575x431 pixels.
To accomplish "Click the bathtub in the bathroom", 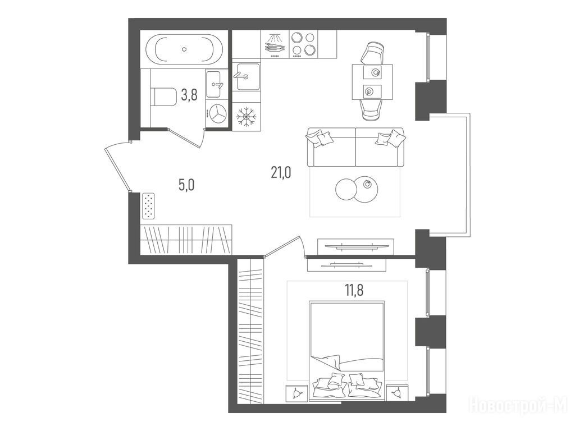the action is pos(184,49).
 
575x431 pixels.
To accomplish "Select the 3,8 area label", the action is pos(189,95).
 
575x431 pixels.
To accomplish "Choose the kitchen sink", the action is pos(247,76).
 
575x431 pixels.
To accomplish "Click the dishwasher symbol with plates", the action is pos(274,44).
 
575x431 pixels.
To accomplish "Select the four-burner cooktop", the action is pos(303,44).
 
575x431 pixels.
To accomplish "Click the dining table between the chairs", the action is pos(372,82).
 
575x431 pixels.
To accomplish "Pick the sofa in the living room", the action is pos(355,147).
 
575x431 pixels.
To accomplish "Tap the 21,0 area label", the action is pos(281,172).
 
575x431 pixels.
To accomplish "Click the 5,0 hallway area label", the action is pos(186,185).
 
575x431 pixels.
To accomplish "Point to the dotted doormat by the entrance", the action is pos(148,206).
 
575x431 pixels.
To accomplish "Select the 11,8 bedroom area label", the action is pos(354,290).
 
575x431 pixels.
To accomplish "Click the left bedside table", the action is pos(296,393).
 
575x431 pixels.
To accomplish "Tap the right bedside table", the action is pos(396,393).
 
